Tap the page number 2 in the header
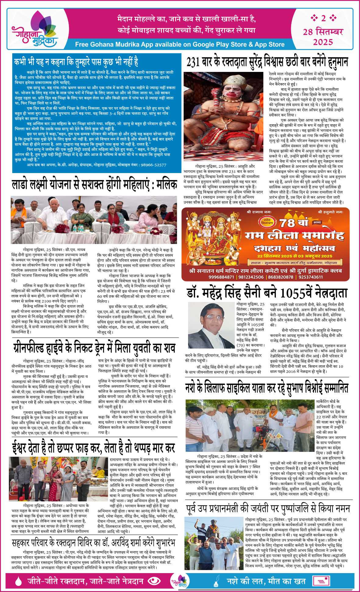tap(323, 18)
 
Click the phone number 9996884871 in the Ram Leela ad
tap(221, 277)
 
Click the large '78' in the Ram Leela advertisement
tap(287, 223)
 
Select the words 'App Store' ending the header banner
tap(269, 44)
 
